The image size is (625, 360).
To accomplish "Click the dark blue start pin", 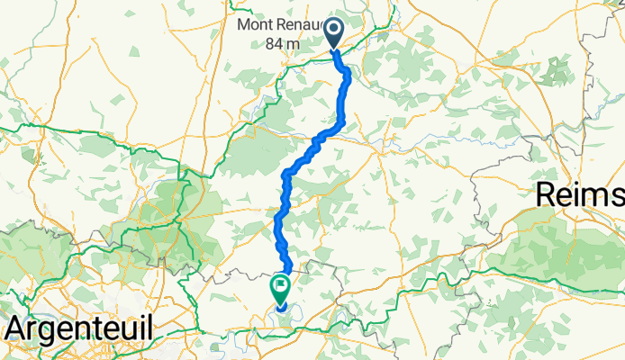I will (333, 33).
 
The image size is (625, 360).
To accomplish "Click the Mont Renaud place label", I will (278, 25).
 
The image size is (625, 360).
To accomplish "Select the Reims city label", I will (580, 195).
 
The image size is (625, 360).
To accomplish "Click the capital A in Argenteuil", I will (14, 328).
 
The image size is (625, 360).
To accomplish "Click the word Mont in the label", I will (254, 25).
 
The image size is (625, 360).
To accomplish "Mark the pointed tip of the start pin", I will (333, 49).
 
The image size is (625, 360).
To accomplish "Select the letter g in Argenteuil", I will (51, 329).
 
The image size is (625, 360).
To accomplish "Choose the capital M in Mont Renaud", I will (244, 25).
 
